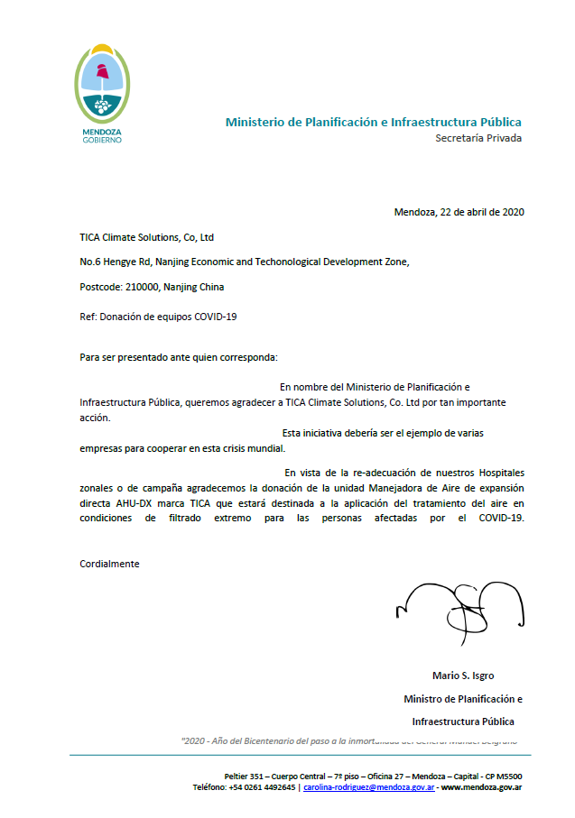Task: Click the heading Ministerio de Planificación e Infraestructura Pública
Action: (x=373, y=122)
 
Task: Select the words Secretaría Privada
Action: (x=478, y=138)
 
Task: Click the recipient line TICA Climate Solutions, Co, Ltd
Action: (x=146, y=237)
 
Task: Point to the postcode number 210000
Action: (x=142, y=287)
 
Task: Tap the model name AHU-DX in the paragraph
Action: (x=133, y=502)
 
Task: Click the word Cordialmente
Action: (x=109, y=563)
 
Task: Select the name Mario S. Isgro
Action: (x=463, y=676)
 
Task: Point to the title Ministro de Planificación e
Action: (x=462, y=699)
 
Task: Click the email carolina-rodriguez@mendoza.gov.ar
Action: (x=369, y=787)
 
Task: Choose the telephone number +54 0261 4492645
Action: (x=262, y=787)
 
